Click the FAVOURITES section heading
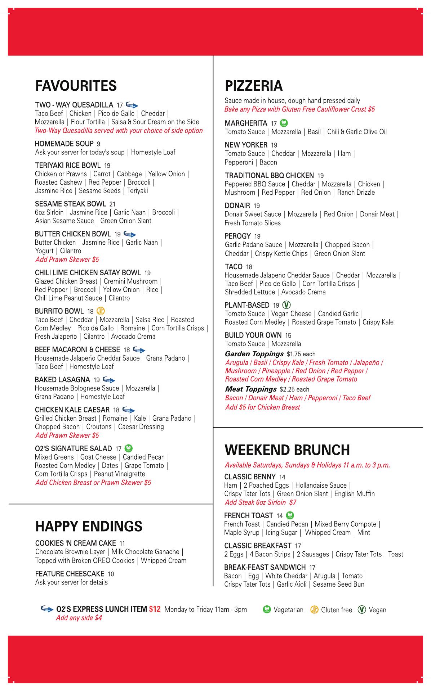pyautogui.click(x=76, y=86)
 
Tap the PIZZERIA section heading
pyautogui.click(x=254, y=86)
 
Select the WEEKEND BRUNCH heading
pyautogui.click(x=287, y=450)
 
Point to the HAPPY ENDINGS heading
pyautogui.click(x=89, y=526)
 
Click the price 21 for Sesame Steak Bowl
pyautogui.click(x=112, y=204)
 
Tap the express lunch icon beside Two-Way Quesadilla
pyautogui.click(x=132, y=105)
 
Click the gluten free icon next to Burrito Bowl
pyautogui.click(x=101, y=311)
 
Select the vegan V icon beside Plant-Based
pyautogui.click(x=286, y=305)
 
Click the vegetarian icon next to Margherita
pyautogui.click(x=284, y=123)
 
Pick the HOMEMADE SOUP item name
pyautogui.click(x=64, y=144)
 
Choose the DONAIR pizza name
pyautogui.click(x=237, y=206)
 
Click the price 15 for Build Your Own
pyautogui.click(x=288, y=335)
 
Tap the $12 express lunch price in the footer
pyautogui.click(x=155, y=609)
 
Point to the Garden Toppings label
pyautogui.click(x=254, y=354)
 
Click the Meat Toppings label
pyautogui.click(x=250, y=389)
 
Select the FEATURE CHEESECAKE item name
pyautogui.click(x=70, y=574)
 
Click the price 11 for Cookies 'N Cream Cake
pyautogui.click(x=122, y=543)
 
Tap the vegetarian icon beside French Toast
pyautogui.click(x=290, y=515)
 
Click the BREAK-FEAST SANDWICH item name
pyautogui.click(x=265, y=567)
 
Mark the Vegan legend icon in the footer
pyautogui.click(x=362, y=610)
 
